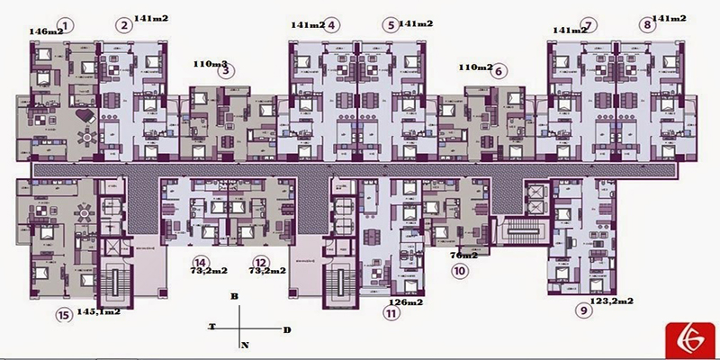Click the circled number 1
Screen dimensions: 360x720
click(x=66, y=24)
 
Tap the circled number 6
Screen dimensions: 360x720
click(x=499, y=70)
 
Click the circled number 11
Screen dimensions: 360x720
click(x=391, y=314)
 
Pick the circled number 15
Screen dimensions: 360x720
click(x=62, y=314)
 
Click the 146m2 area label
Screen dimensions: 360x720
click(x=46, y=31)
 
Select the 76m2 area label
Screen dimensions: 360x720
click(x=463, y=256)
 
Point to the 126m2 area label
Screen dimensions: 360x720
click(x=406, y=302)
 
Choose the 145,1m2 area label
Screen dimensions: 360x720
click(x=99, y=311)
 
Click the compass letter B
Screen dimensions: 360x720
click(x=233, y=295)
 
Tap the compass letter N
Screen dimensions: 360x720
click(x=244, y=345)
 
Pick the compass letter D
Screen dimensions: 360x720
click(x=286, y=330)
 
